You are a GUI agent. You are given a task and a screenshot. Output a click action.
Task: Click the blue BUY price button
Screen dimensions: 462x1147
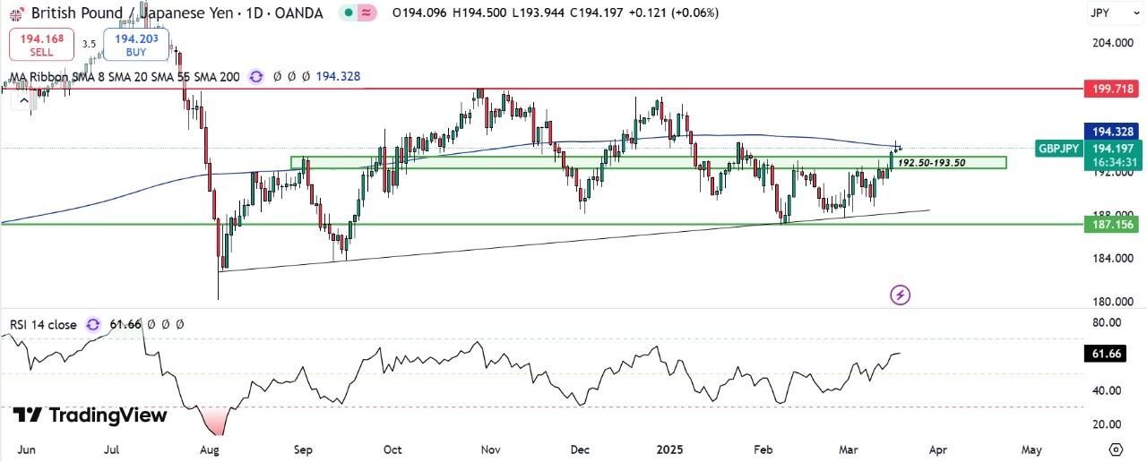pyautogui.click(x=136, y=45)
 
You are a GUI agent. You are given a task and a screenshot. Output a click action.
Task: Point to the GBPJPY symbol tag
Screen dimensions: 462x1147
pyautogui.click(x=1058, y=149)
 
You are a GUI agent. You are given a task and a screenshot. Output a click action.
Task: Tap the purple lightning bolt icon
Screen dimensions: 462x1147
pyautogui.click(x=901, y=294)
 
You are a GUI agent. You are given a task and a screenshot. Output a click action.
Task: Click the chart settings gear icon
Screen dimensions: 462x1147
pyautogui.click(x=1116, y=449)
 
